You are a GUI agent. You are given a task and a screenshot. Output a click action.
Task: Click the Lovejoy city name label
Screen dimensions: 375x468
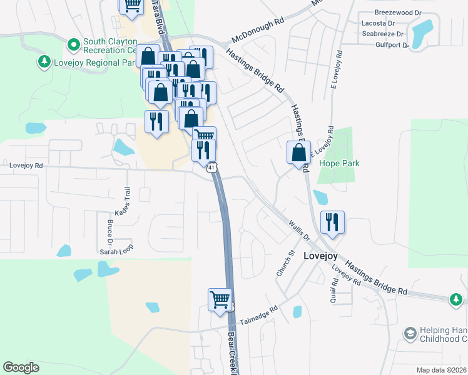[320, 256]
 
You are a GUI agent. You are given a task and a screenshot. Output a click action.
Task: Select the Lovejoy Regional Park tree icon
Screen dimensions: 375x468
[44, 62]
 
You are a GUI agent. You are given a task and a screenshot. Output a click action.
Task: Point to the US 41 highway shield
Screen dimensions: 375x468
[212, 167]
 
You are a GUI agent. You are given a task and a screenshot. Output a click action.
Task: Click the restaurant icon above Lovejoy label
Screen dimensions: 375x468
[332, 222]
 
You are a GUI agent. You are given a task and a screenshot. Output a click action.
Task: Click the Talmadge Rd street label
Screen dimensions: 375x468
[258, 314]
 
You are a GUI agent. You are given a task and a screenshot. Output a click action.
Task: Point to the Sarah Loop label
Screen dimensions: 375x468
[117, 251]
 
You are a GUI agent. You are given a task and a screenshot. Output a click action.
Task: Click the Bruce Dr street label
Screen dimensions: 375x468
[109, 231]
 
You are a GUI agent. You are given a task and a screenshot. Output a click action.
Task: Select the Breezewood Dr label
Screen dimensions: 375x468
[399, 12]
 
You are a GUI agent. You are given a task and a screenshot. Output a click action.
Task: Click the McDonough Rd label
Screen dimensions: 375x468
[258, 29]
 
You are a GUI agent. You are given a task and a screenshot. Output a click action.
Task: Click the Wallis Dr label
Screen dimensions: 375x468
[299, 231]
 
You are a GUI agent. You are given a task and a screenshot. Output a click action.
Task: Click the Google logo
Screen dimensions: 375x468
[21, 367]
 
